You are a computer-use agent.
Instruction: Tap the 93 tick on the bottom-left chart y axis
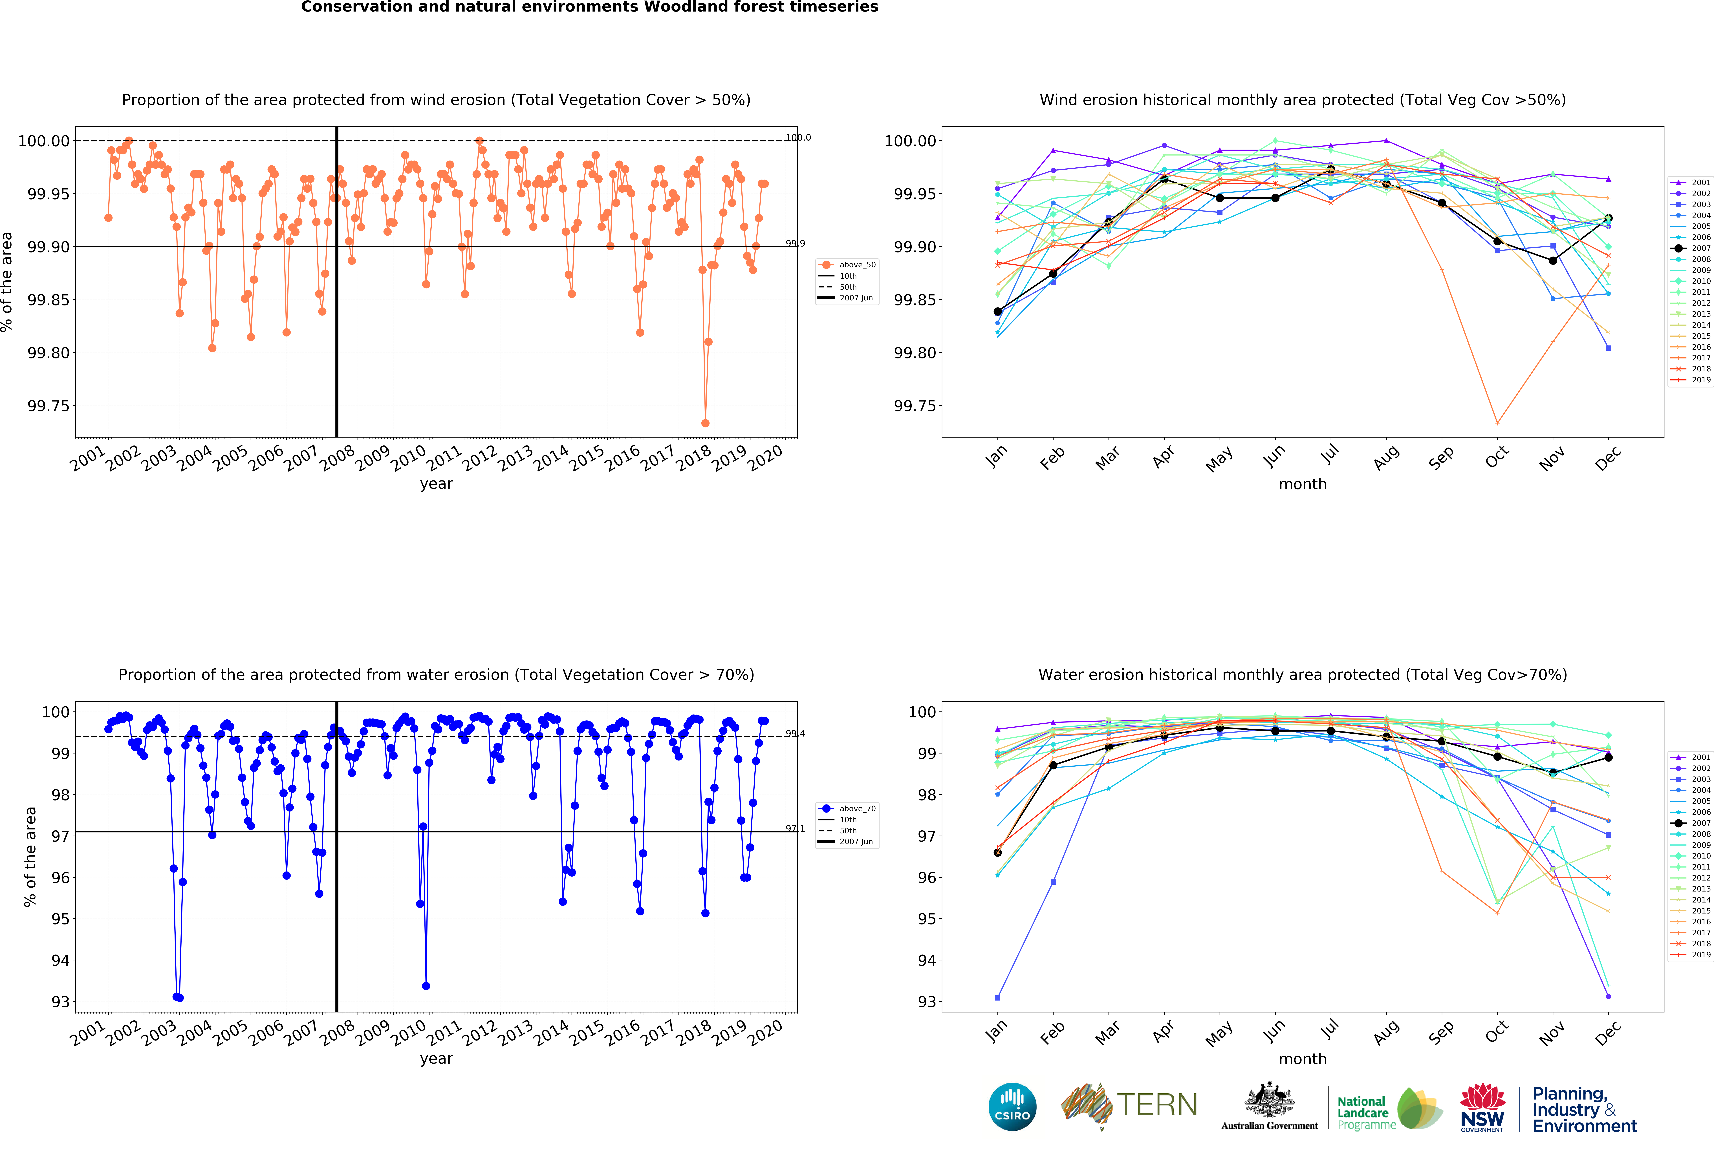(x=60, y=1002)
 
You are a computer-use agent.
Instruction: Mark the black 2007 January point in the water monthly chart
(x=997, y=852)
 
